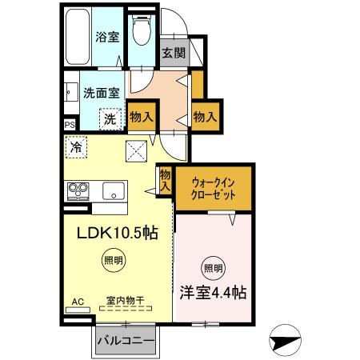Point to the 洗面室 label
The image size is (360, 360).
[101, 92]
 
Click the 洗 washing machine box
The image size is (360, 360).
[110, 119]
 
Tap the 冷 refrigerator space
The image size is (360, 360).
[76, 148]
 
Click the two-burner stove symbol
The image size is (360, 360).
[78, 191]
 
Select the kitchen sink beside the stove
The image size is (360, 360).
[112, 192]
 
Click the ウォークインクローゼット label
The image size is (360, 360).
[214, 188]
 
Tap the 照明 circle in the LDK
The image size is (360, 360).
[113, 260]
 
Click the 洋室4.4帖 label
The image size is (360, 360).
[212, 292]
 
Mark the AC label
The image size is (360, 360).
[78, 302]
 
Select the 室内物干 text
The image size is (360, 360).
[125, 302]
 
